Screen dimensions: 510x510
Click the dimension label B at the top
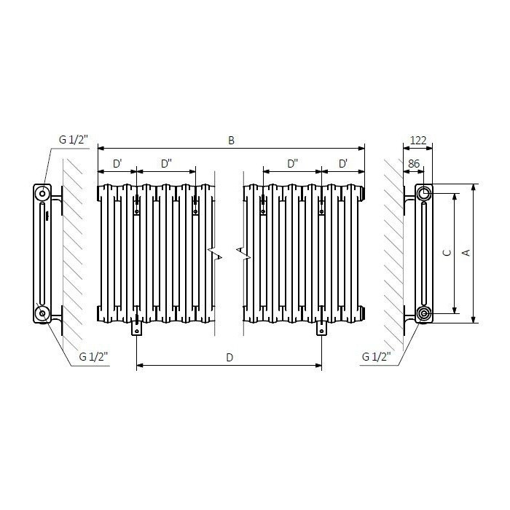pyautogui.click(x=231, y=140)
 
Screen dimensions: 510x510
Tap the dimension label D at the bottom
pyautogui.click(x=229, y=358)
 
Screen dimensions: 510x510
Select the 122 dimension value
pyautogui.click(x=418, y=140)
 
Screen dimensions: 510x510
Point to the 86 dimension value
pyautogui.click(x=414, y=164)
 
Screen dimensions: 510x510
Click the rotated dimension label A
pyautogui.click(x=466, y=252)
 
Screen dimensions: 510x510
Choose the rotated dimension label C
pyautogui.click(x=447, y=252)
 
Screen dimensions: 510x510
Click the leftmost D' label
pyautogui.click(x=117, y=164)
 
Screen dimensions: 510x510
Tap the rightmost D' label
pyautogui.click(x=343, y=164)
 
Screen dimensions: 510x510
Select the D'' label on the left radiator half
pyautogui.click(x=166, y=164)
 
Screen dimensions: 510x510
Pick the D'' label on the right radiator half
pyautogui.click(x=293, y=164)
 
